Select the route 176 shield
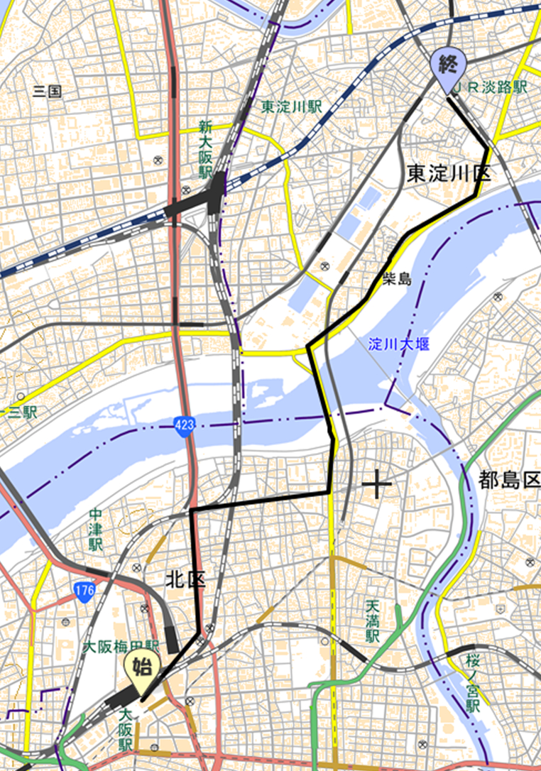84,589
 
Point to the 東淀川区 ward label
449,173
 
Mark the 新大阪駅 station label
205,149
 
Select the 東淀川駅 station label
291,106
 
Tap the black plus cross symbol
377,485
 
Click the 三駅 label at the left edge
22,412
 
